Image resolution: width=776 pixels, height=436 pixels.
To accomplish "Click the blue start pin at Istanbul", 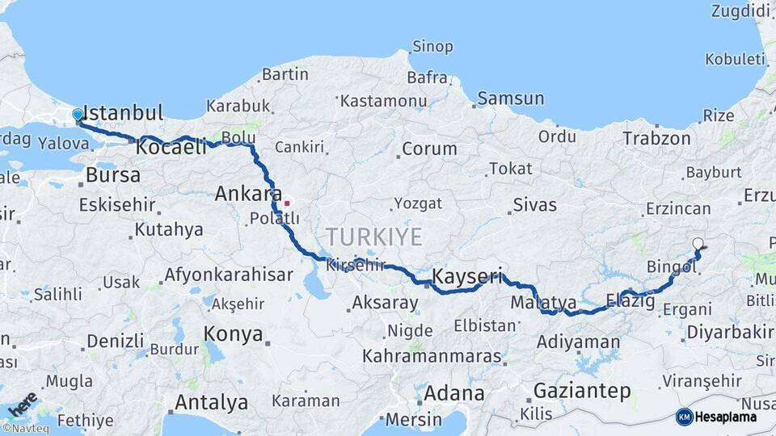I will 78,115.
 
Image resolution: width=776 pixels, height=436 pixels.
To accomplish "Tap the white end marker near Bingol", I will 698,243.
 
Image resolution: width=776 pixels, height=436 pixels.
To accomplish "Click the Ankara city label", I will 247,194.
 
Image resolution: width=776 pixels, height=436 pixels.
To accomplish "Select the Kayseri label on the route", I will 467,277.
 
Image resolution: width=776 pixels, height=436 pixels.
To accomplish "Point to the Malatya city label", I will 543,303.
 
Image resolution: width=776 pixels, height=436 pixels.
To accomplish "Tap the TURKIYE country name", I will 373,237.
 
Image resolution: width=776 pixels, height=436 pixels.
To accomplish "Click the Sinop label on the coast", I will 432,46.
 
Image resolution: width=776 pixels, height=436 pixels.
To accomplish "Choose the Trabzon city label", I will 656,138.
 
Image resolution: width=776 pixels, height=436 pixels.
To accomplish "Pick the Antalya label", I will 212,402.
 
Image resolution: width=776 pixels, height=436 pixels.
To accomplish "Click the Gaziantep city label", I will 582,392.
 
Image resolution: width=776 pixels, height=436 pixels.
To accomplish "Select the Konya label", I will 233,334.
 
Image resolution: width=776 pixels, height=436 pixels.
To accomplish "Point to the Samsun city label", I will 510,99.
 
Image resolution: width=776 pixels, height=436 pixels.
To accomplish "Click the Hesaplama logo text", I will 727,417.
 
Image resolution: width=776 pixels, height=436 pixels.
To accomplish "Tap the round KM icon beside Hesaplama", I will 684,417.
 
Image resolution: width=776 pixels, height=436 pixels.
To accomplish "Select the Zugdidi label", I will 740,10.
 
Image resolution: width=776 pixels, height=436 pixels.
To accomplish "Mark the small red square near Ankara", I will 285,203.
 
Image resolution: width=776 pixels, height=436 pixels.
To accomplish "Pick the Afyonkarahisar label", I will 229,275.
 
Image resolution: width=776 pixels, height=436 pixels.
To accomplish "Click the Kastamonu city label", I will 383,101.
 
